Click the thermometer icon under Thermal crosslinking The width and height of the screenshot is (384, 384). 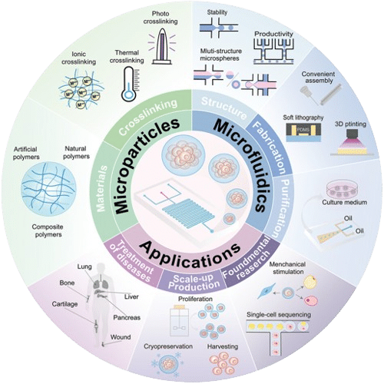tap(130, 84)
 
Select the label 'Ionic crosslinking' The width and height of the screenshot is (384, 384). tap(79, 58)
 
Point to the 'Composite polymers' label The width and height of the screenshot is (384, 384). tap(48, 230)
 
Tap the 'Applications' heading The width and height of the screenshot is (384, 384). tap(190, 254)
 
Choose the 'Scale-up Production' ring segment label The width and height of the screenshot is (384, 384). tap(194, 282)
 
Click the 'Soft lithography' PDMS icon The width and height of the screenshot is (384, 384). tap(303, 132)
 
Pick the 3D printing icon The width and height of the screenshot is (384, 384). tap(352, 142)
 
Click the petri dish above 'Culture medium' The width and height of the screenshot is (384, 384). tap(342, 190)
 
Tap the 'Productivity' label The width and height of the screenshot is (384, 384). tap(273, 34)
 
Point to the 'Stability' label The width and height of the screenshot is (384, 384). tap(217, 12)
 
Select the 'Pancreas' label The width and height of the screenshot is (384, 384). tap(127, 317)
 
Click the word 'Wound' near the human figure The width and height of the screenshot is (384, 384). tap(121, 337)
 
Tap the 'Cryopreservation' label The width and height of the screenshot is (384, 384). tap(168, 346)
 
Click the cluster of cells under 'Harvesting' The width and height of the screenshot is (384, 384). tap(223, 363)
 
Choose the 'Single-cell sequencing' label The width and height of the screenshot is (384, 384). tap(279, 315)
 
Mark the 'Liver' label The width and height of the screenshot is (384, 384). tap(131, 296)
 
